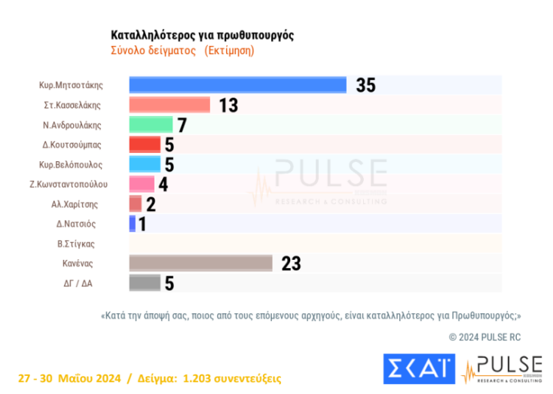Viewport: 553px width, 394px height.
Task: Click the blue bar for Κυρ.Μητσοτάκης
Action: click(237, 85)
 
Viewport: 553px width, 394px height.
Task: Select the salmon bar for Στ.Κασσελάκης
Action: click(170, 105)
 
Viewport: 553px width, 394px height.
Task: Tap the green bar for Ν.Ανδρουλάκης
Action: click(151, 124)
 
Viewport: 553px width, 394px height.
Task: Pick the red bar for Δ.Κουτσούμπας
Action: click(145, 144)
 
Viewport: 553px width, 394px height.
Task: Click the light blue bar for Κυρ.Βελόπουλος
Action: click(145, 163)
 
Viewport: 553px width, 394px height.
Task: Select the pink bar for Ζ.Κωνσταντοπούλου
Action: click(142, 184)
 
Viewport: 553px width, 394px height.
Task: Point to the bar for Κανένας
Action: click(200, 263)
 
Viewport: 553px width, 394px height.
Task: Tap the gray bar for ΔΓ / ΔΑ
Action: click(145, 283)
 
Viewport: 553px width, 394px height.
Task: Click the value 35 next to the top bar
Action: click(365, 85)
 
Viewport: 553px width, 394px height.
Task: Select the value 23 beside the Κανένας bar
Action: click(291, 263)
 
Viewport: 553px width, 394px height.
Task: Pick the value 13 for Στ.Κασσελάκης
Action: click(228, 105)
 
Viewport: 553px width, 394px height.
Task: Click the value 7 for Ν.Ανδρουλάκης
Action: click(181, 124)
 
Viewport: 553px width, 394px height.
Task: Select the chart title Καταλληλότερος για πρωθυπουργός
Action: click(202, 35)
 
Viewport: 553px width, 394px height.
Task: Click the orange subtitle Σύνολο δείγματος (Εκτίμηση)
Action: click(182, 50)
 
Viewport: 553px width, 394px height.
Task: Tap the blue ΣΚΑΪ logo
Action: click(418, 368)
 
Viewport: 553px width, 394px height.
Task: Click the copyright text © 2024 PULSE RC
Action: click(484, 337)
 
